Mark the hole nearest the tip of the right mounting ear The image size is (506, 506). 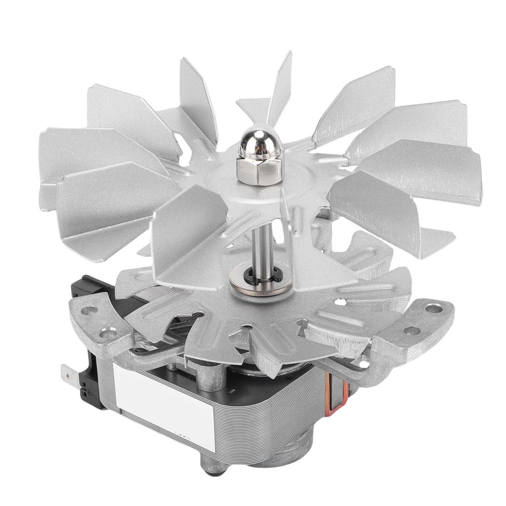[x=433, y=309]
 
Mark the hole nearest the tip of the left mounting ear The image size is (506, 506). [x=89, y=311]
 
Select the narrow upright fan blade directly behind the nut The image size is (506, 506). [x=280, y=89]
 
